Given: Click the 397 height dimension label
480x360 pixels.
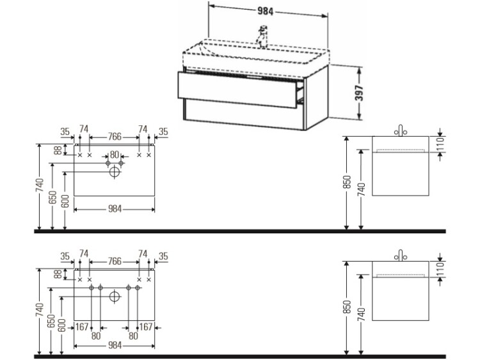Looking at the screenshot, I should [359, 95].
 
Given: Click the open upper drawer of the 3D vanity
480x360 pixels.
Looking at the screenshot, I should [240, 90].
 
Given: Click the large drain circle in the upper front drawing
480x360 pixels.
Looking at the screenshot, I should [115, 171].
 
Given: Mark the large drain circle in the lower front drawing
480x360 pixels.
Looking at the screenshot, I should [115, 295].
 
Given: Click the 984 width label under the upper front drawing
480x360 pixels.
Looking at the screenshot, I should [115, 209].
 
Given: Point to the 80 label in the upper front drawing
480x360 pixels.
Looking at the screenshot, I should [115, 154].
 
